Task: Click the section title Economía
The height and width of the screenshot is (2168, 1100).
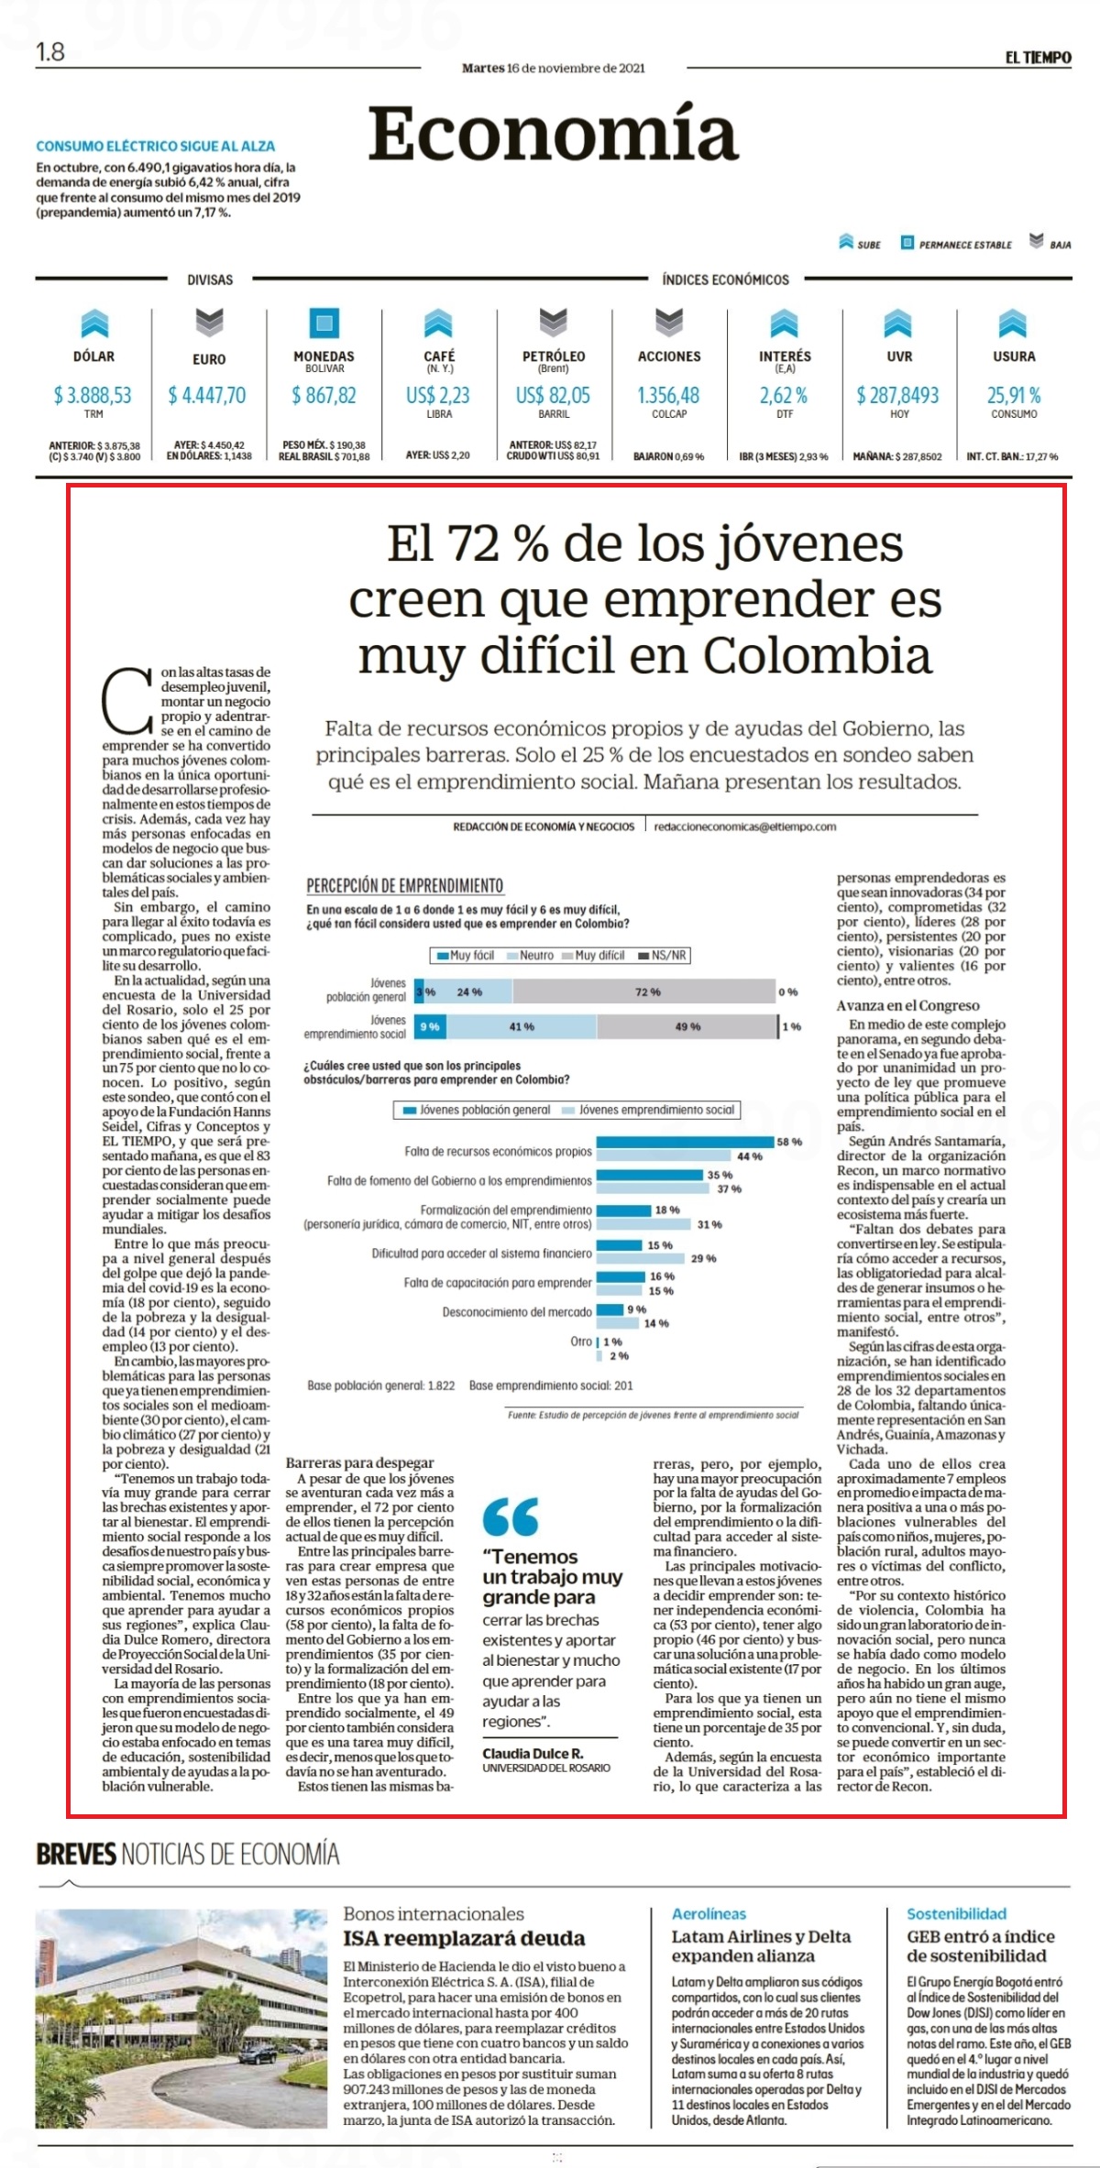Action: click(553, 133)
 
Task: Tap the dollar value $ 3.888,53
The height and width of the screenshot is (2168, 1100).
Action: click(93, 396)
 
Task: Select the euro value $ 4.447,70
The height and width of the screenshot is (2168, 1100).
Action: click(207, 396)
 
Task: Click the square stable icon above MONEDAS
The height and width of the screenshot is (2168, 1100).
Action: click(324, 323)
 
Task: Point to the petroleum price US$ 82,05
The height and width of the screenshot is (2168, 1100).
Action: click(553, 396)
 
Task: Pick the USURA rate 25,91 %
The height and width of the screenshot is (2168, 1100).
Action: click(1014, 396)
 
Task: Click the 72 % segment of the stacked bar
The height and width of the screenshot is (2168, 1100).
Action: click(645, 991)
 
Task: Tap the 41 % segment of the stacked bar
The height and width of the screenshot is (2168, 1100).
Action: click(521, 1027)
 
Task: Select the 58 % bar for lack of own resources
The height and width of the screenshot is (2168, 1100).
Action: click(686, 1142)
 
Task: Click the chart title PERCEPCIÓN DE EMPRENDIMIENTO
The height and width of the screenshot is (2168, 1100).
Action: click(404, 885)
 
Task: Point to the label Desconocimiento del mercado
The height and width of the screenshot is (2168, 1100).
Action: click(517, 1312)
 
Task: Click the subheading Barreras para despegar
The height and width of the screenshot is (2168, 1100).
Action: click(359, 1463)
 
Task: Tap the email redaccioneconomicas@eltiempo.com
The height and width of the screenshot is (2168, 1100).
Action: click(745, 827)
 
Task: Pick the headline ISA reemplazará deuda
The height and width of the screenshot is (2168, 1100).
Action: click(464, 1938)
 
